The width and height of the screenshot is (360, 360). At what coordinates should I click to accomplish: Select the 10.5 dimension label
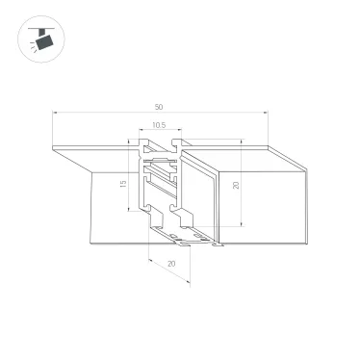point(159,125)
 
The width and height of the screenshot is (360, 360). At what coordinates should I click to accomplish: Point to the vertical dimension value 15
point(124,183)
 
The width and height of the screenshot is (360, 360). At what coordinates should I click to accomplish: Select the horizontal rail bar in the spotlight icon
point(39,30)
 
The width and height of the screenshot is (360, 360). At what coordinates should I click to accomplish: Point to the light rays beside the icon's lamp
point(30,51)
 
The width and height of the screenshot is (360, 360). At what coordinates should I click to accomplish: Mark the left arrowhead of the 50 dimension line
point(55,115)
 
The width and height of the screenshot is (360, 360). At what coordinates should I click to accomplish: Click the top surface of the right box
point(245,160)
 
